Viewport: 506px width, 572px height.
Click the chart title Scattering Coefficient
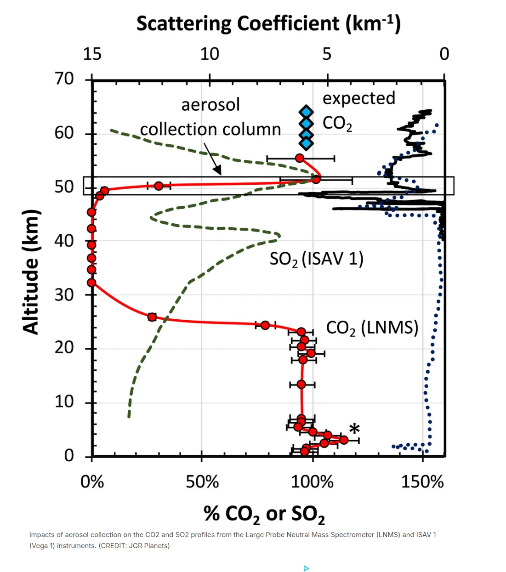pyautogui.click(x=268, y=24)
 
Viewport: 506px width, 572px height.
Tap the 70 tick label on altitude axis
pyautogui.click(x=64, y=79)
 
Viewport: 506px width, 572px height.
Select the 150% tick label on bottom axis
pyautogui.click(x=422, y=481)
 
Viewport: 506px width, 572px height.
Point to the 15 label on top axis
pyautogui.click(x=92, y=54)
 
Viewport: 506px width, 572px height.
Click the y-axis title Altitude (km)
pyautogui.click(x=31, y=272)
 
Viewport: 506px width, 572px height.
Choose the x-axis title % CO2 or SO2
pyautogui.click(x=264, y=514)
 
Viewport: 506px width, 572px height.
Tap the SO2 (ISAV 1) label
pyautogui.click(x=316, y=259)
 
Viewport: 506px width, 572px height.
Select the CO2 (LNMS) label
pyautogui.click(x=372, y=328)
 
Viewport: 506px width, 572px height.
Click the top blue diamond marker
pyautogui.click(x=306, y=112)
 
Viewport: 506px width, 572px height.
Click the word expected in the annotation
pyautogui.click(x=358, y=98)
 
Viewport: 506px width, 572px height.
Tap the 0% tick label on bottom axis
pyautogui.click(x=92, y=481)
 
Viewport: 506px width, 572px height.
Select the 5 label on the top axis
pyautogui.click(x=327, y=54)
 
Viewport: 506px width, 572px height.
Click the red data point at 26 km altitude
pyautogui.click(x=152, y=317)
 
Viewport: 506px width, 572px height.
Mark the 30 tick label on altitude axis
pyautogui.click(x=64, y=294)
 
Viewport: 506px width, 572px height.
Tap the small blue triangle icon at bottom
pyautogui.click(x=306, y=568)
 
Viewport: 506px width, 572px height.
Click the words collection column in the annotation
pyautogui.click(x=210, y=130)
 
